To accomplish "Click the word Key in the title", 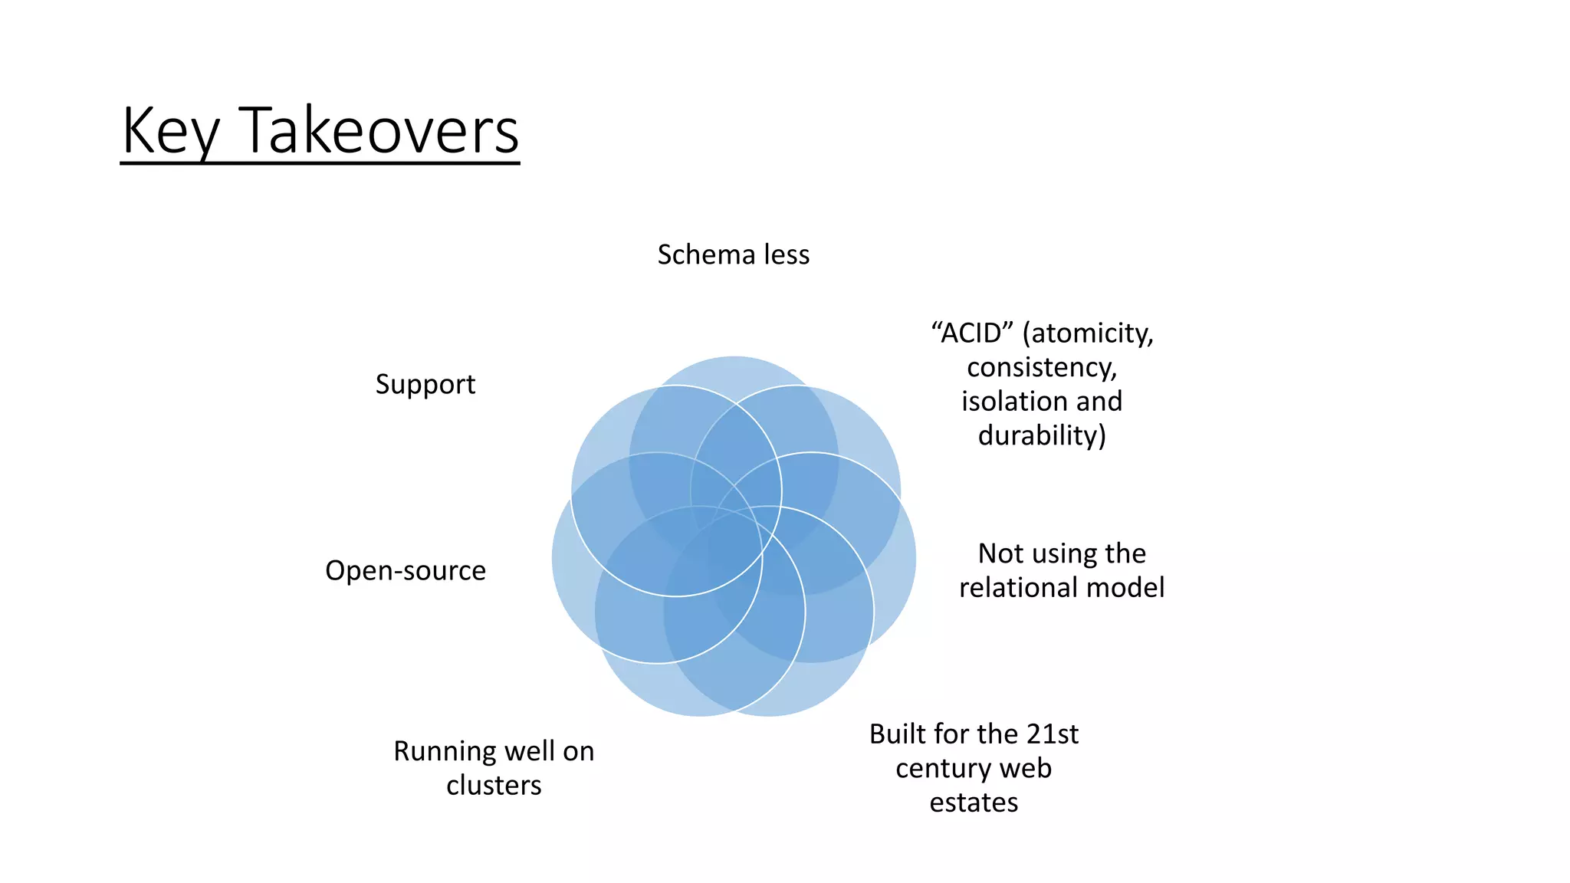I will point(171,132).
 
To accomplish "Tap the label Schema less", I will point(733,254).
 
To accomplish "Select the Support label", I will point(425,384).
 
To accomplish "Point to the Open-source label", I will point(405,570).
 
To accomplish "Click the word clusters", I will point(494,785).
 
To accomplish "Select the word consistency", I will point(1041,367).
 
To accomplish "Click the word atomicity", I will point(1092,333).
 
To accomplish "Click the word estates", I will point(974,803).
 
